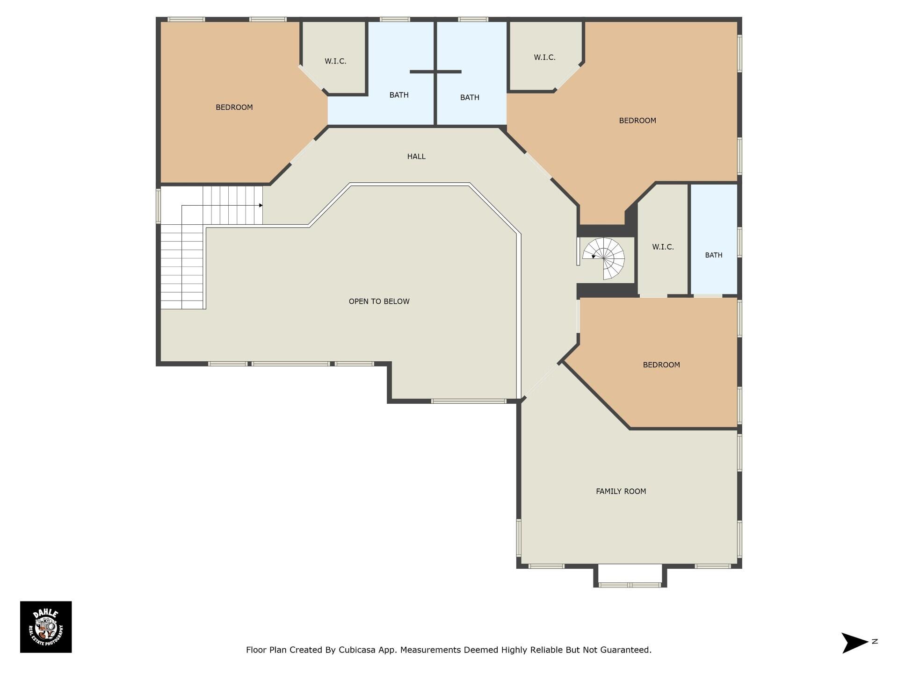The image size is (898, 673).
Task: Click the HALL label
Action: [416, 157]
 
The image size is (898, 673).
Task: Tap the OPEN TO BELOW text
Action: [379, 301]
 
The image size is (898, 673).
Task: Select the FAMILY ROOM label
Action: [621, 491]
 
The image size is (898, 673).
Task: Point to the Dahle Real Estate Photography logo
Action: [46, 627]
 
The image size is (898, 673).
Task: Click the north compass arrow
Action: [855, 643]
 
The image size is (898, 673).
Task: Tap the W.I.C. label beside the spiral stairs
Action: [663, 247]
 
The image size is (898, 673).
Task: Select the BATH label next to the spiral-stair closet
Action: [713, 255]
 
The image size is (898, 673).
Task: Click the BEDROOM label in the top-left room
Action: [234, 107]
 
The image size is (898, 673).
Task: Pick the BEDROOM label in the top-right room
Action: [637, 121]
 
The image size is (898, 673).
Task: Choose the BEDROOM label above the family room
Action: [661, 365]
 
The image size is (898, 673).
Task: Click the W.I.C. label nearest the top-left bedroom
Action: [335, 61]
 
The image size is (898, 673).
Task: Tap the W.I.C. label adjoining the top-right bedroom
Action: [544, 57]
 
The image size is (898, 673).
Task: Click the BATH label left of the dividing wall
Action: [398, 95]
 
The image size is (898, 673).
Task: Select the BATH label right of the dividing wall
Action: [470, 98]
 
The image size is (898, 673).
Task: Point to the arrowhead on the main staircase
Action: [261, 205]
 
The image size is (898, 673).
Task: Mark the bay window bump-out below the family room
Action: [630, 576]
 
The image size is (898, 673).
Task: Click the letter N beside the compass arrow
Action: [875, 641]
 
